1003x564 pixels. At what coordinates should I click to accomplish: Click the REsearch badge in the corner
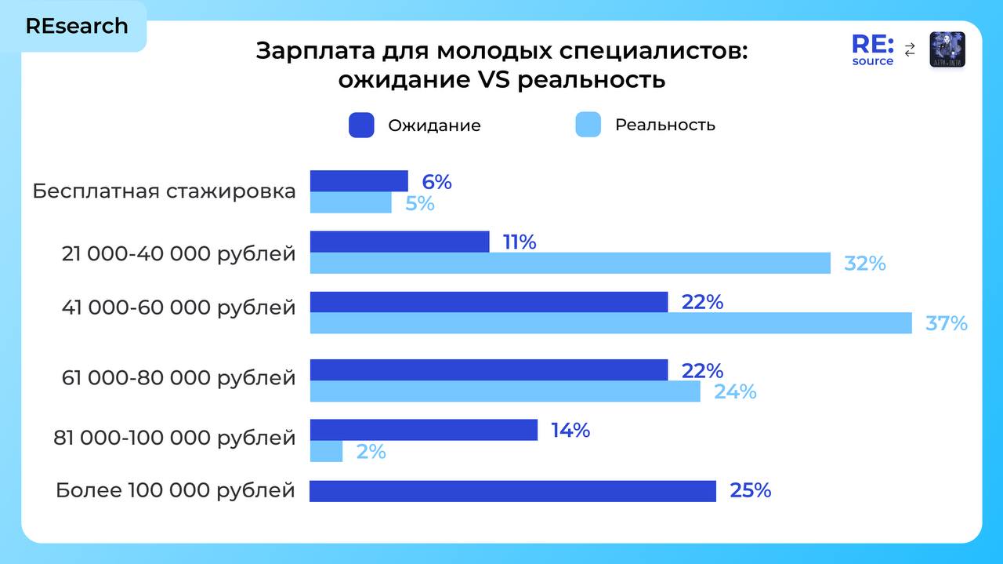point(77,26)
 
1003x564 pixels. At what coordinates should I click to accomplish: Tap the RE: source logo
point(873,50)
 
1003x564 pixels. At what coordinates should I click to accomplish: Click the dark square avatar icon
point(947,49)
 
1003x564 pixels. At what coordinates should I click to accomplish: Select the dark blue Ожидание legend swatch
point(361,126)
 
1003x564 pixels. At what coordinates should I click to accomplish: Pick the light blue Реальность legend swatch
point(588,126)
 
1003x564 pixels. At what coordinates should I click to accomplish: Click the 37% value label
point(947,323)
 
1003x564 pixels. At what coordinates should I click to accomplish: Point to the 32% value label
point(864,264)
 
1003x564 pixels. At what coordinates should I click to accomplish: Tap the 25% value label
point(750,491)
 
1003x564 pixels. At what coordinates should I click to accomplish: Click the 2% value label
point(371,452)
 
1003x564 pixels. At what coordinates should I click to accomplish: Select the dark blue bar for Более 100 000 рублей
point(512,491)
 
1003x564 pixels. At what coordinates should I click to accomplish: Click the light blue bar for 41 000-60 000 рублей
point(610,323)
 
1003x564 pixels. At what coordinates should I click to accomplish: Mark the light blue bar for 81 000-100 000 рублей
point(326,452)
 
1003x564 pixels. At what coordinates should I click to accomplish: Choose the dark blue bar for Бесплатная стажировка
point(359,181)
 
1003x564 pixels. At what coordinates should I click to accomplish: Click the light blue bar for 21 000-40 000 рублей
point(570,264)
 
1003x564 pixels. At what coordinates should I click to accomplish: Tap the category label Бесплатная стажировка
point(164,191)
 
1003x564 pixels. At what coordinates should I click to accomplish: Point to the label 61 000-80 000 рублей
point(179,378)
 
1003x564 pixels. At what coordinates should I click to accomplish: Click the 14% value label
point(570,431)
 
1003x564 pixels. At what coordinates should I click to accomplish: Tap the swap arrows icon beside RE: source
point(910,50)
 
